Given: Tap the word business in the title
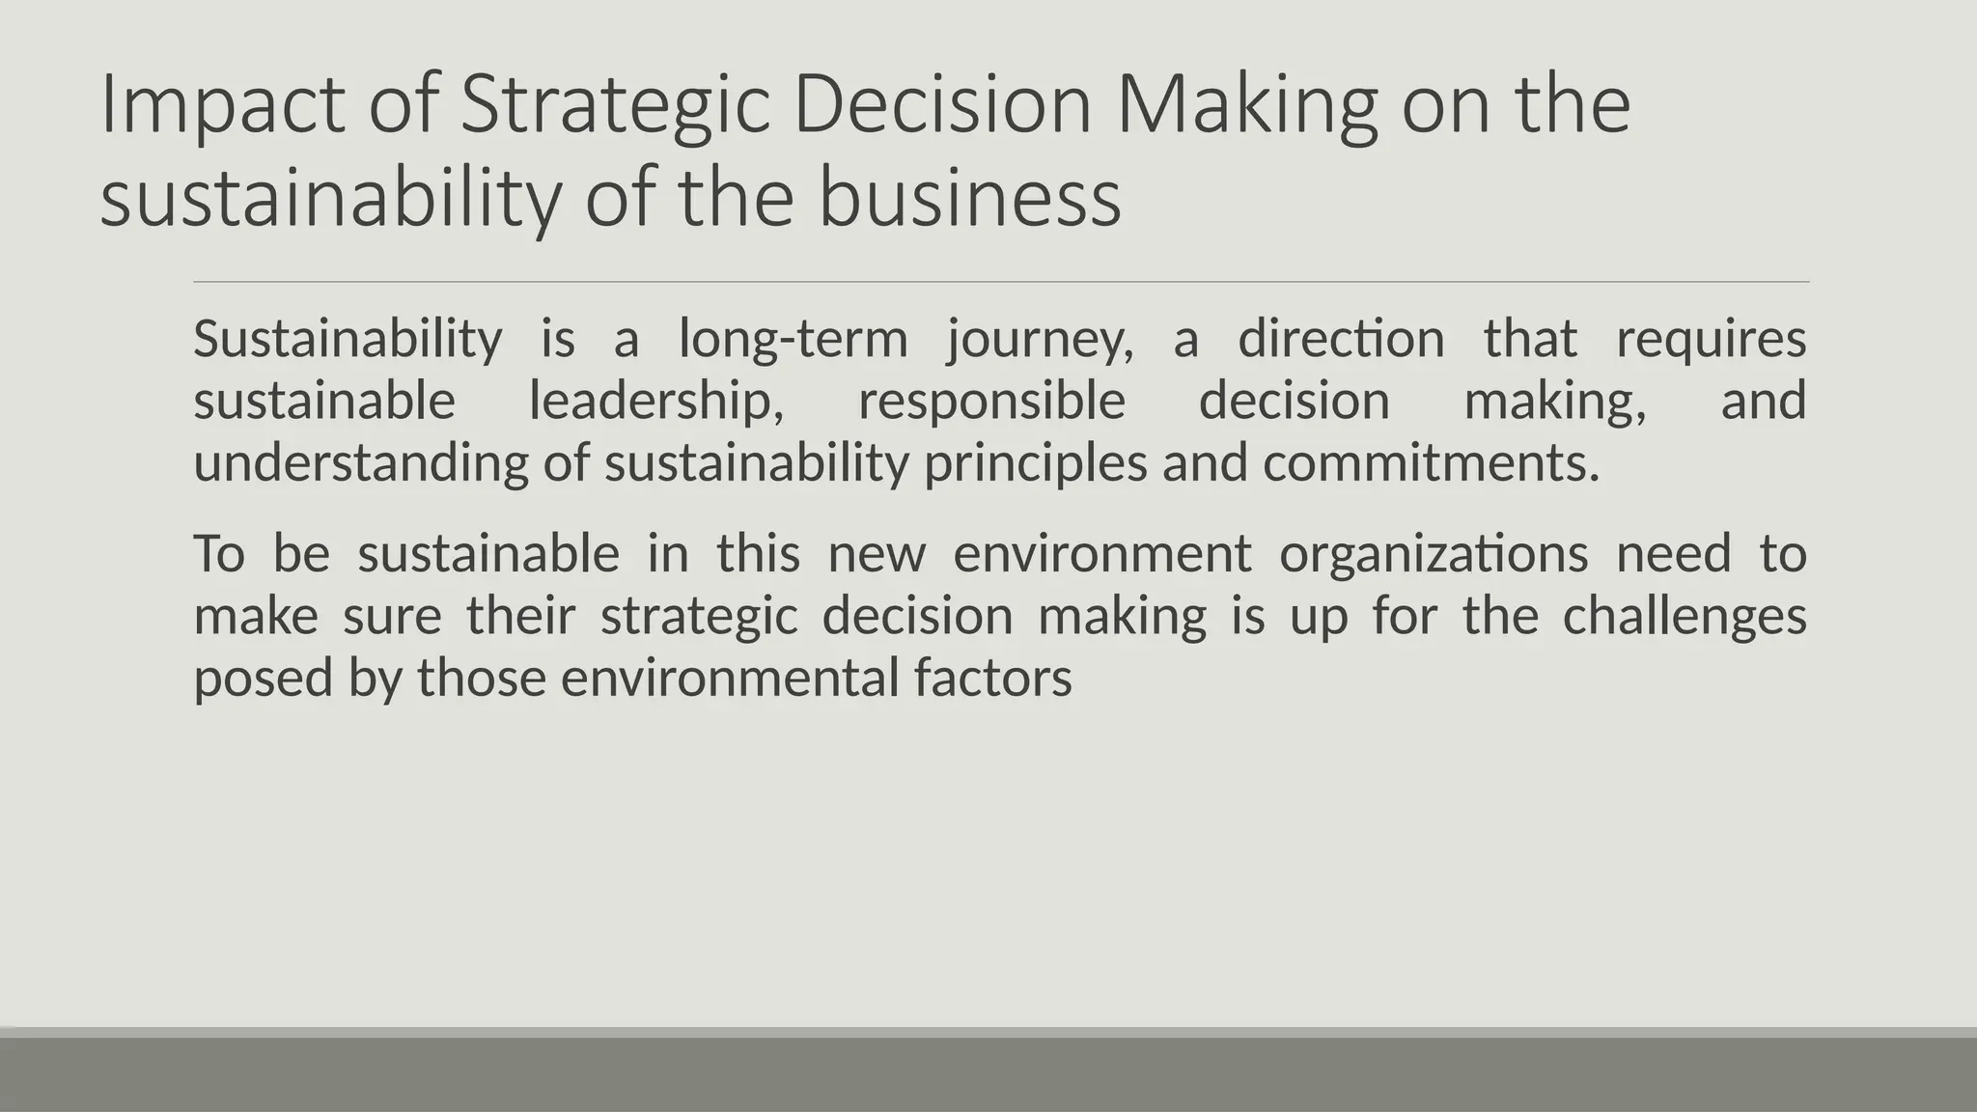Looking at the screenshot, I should click(969, 198).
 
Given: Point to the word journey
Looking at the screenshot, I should click(1041, 340).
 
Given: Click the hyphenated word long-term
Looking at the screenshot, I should click(794, 340).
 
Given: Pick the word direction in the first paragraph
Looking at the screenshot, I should click(1341, 339).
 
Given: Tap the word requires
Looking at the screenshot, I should click(1711, 340).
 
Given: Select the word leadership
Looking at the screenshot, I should click(656, 401).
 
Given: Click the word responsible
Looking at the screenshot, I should click(991, 401).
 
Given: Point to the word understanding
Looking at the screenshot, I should click(361, 462).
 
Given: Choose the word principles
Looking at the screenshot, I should click(1035, 462).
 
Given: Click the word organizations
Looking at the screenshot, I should click(1434, 554).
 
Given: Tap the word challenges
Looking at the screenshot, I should click(1685, 616).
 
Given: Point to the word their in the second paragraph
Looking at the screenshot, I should click(521, 616).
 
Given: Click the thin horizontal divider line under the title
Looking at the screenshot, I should click(1001, 282).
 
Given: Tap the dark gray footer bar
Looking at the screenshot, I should click(988, 1074).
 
